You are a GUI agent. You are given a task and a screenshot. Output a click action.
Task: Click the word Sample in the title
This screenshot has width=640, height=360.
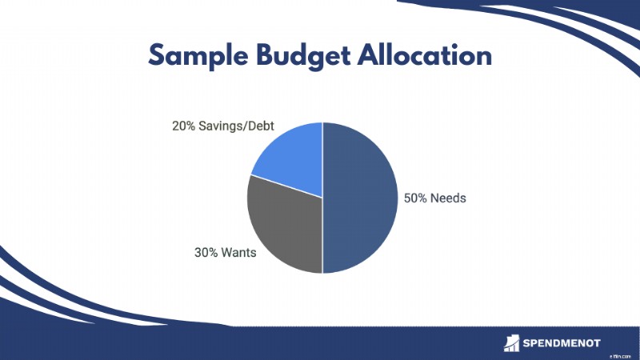click(198, 56)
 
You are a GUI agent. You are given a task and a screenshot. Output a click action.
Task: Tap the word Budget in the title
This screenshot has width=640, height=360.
click(303, 56)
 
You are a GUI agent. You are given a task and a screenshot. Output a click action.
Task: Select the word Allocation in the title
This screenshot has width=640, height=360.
click(425, 54)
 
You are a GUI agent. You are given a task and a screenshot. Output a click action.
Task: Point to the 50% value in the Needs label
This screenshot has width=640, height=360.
click(415, 198)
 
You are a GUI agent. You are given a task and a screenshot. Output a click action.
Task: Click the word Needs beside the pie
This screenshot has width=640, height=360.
click(448, 198)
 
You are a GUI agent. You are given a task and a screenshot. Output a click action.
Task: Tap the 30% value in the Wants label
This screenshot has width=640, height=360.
click(206, 253)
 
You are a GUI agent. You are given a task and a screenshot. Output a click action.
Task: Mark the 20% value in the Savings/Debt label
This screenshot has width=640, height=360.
click(184, 126)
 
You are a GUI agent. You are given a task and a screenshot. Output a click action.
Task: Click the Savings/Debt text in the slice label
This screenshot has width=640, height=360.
click(236, 126)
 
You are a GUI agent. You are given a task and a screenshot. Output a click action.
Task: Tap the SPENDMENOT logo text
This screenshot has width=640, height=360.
click(562, 343)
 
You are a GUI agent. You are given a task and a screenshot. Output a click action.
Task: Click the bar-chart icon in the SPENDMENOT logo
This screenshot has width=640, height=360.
click(511, 343)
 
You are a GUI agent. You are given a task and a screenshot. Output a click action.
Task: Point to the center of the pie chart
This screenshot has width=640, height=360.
click(322, 198)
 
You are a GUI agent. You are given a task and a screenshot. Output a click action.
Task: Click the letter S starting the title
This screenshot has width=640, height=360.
click(156, 55)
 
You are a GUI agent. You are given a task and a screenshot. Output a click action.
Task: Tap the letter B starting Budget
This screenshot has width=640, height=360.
click(266, 55)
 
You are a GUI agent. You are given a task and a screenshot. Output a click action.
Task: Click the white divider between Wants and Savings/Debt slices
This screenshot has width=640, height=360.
click(286, 186)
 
